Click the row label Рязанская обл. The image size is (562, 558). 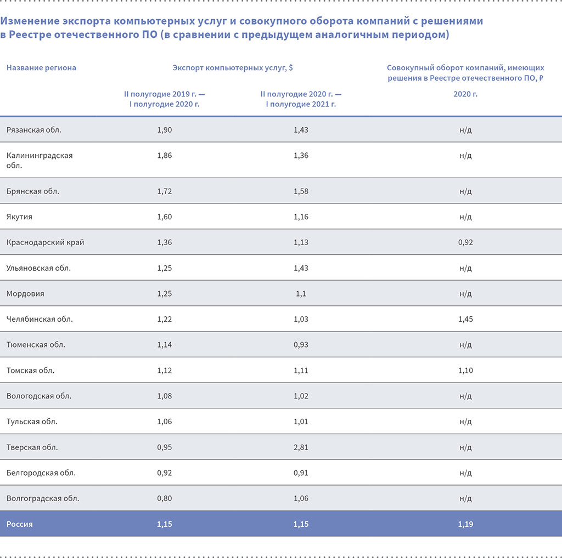point(34,130)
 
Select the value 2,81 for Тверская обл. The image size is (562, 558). point(301,447)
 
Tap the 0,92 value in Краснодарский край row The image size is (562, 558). point(465,242)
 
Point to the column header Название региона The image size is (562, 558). point(41,68)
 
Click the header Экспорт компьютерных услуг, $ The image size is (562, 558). point(233,68)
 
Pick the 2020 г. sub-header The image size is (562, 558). point(465,94)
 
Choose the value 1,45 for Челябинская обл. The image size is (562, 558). point(465,319)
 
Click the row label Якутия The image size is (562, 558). point(20,217)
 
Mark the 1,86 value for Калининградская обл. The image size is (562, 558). point(164,156)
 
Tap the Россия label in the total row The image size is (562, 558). point(20,524)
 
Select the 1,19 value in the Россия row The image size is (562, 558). point(465,524)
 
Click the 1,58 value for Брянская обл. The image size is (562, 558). point(301,191)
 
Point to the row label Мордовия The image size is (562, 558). point(25,293)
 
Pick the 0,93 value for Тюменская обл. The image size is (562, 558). point(301,345)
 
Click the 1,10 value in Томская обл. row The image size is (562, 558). point(465,371)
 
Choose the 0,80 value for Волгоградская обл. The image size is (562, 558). point(164,498)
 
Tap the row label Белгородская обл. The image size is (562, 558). point(41,472)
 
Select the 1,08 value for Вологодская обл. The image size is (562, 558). point(164,396)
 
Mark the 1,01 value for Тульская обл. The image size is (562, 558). point(301,422)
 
